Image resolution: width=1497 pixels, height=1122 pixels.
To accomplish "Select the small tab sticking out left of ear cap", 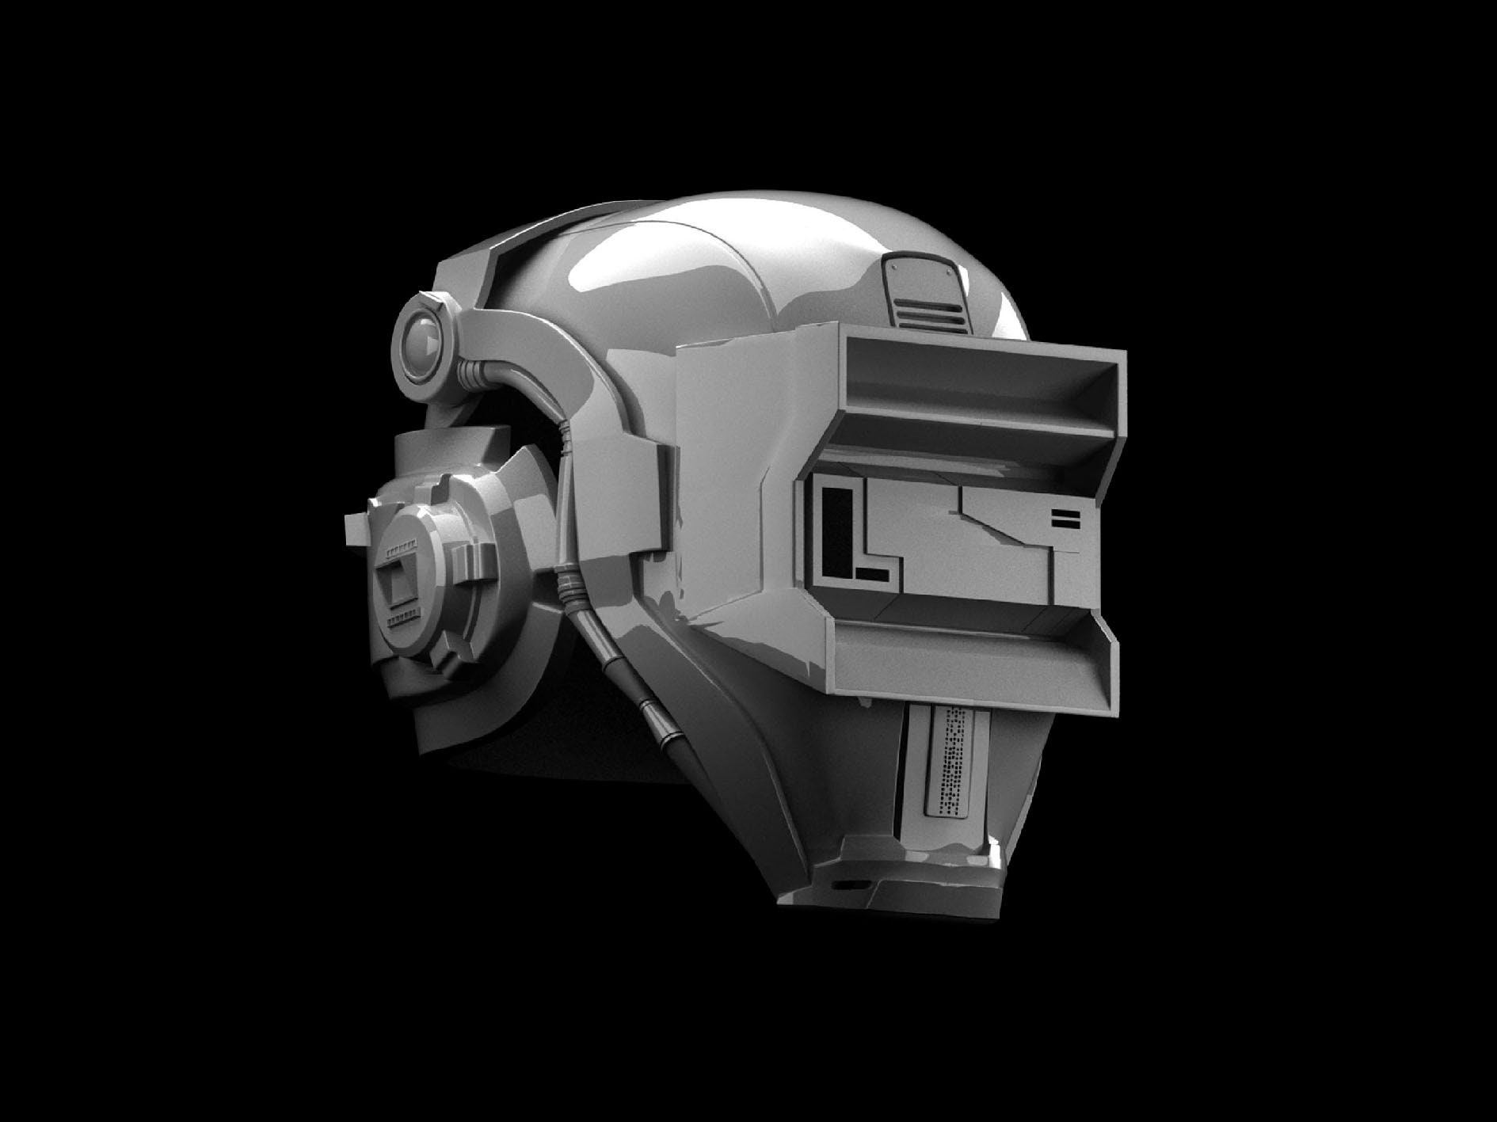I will coord(357,527).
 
